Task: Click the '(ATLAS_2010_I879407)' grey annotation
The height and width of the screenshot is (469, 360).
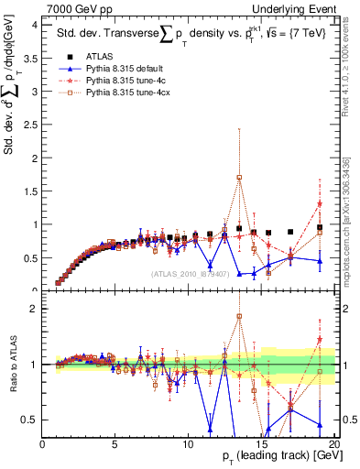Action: [191, 273]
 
